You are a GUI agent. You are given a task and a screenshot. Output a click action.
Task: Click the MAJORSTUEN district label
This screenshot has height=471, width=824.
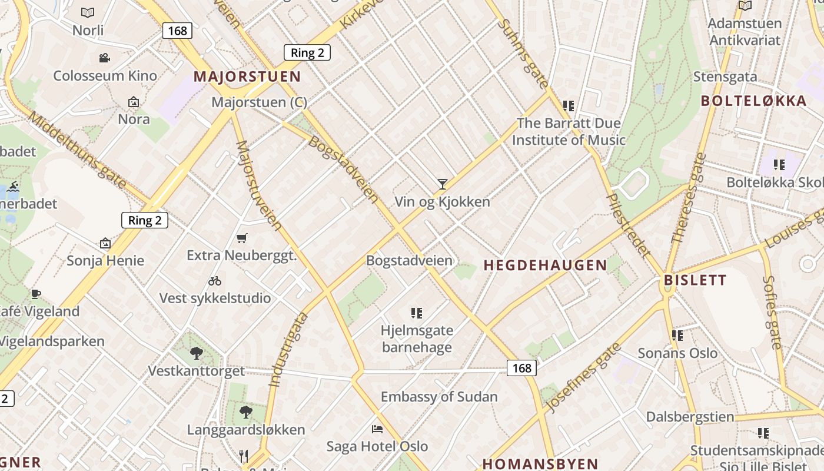click(x=247, y=77)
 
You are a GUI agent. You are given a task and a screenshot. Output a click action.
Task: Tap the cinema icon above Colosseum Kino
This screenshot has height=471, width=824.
click(x=105, y=58)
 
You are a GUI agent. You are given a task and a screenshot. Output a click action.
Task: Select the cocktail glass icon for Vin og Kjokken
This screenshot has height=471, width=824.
click(x=443, y=184)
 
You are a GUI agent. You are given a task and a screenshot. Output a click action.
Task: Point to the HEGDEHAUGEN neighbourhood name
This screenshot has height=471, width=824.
click(x=545, y=266)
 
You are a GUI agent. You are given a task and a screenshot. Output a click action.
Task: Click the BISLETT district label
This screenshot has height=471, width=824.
click(x=695, y=280)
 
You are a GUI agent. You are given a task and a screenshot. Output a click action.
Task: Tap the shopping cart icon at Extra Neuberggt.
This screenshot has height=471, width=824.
click(x=241, y=238)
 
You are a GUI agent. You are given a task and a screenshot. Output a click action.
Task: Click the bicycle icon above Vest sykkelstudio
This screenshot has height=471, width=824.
click(x=215, y=281)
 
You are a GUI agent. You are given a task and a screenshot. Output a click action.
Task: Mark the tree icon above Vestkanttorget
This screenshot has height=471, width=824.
click(x=196, y=353)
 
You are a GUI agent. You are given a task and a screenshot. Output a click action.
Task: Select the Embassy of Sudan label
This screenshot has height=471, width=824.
click(x=439, y=397)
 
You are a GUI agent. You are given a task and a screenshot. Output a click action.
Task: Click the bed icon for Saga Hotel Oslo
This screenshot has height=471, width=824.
click(x=377, y=429)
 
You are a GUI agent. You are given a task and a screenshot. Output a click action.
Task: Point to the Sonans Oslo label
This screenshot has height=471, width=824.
click(x=677, y=353)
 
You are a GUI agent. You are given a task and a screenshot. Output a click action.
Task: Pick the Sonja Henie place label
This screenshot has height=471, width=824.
click(x=105, y=260)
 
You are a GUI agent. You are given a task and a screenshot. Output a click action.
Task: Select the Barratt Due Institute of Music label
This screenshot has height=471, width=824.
click(x=569, y=132)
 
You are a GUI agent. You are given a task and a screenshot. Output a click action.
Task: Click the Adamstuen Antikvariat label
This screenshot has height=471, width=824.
click(x=745, y=32)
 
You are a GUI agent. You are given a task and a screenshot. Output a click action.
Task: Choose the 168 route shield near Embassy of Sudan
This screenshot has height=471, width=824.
click(x=521, y=368)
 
